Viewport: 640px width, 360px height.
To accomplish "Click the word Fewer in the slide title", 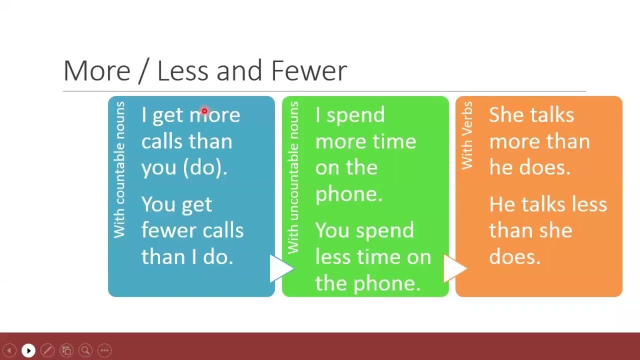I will coord(308,71).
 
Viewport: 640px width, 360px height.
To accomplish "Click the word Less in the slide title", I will coord(182,71).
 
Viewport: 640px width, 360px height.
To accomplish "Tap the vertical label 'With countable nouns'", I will coord(119,169).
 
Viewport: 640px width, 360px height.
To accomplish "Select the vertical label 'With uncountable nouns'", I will coord(293,177).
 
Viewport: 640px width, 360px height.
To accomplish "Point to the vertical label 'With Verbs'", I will coord(467,135).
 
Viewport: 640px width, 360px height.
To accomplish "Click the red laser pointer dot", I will coord(204,111).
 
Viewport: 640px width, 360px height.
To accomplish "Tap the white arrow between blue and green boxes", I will coord(280,268).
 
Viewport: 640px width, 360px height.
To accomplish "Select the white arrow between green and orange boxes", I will coord(454,268).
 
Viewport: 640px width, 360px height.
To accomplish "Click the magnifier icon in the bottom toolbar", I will coord(85,350).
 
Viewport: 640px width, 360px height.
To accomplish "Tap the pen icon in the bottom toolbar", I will coord(47,350).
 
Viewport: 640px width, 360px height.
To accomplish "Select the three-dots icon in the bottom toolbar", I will coord(104,350).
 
